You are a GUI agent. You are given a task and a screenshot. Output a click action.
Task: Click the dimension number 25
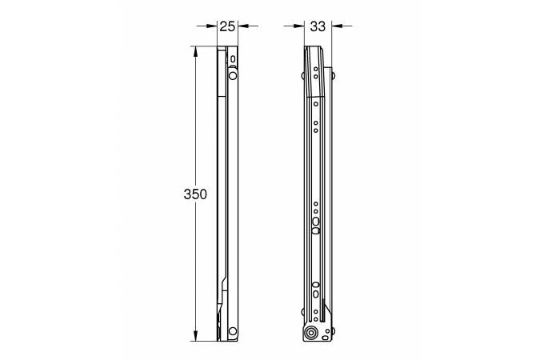click(x=227, y=26)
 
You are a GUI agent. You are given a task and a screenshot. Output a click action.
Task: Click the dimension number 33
click(x=318, y=26)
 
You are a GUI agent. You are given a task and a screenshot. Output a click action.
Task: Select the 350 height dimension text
click(x=195, y=194)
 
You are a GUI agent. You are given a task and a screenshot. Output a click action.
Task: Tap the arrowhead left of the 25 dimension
click(x=212, y=26)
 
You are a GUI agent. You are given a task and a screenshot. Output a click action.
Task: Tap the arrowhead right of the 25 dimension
click(x=243, y=26)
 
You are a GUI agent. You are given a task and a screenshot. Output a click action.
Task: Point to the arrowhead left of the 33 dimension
click(x=299, y=26)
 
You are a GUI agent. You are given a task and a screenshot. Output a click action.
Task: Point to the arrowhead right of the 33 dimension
click(x=337, y=26)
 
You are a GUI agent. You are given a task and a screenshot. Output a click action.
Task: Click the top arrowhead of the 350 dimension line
click(x=196, y=52)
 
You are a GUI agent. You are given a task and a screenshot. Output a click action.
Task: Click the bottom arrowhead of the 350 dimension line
click(x=196, y=335)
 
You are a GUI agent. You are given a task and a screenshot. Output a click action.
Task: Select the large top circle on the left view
click(x=233, y=75)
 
